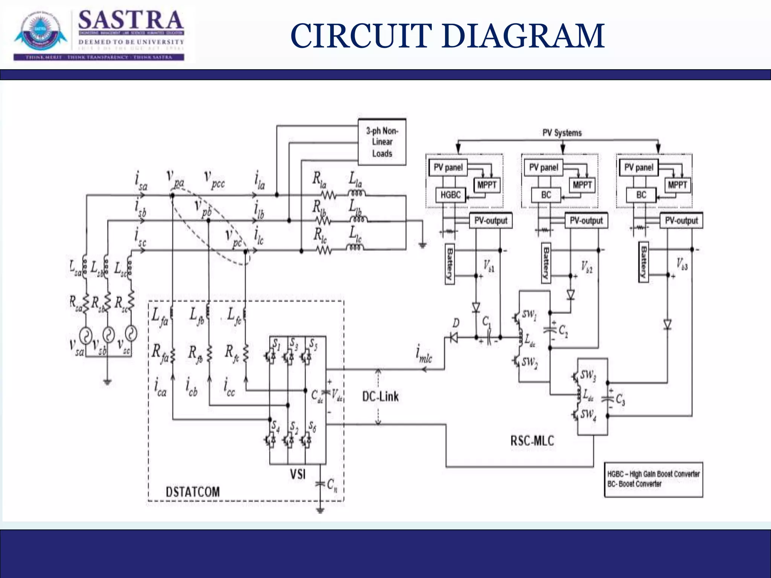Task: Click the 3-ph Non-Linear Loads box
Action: pyautogui.click(x=382, y=142)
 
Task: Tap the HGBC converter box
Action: pyautogui.click(x=450, y=195)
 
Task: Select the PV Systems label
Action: pyautogui.click(x=562, y=133)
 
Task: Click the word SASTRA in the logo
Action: pyautogui.click(x=131, y=21)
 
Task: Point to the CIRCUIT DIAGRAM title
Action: pyautogui.click(x=447, y=36)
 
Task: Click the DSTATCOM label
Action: pyautogui.click(x=193, y=491)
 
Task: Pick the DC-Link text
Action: pyautogui.click(x=380, y=396)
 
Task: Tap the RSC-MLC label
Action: pyautogui.click(x=532, y=441)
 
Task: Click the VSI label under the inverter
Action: pyautogui.click(x=297, y=474)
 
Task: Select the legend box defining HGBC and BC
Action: pyautogui.click(x=653, y=479)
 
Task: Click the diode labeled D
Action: pyautogui.click(x=454, y=338)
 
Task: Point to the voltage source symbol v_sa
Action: pyautogui.click(x=86, y=335)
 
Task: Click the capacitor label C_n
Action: pyautogui.click(x=332, y=485)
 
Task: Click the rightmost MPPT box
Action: pyautogui.click(x=677, y=185)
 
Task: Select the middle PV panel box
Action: pyautogui.click(x=543, y=167)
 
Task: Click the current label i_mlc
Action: pyautogui.click(x=424, y=355)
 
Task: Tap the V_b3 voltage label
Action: pyautogui.click(x=681, y=264)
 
